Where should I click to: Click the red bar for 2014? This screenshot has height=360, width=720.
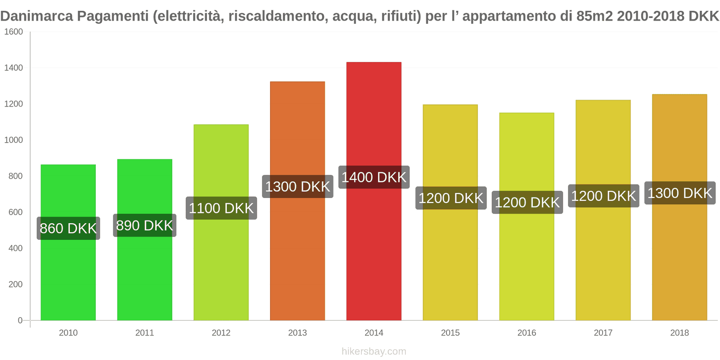click(373, 252)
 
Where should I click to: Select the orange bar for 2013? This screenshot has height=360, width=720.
click(297, 261)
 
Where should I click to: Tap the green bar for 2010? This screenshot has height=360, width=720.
click(68, 279)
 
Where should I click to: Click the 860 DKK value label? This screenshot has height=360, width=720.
click(68, 228)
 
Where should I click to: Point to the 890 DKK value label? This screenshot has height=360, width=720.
click(144, 225)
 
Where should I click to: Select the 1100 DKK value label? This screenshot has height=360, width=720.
click(221, 208)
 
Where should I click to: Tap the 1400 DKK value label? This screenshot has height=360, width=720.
click(373, 177)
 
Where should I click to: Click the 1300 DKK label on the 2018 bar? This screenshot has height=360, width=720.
click(679, 193)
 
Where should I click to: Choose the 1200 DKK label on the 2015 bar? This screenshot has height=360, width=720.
click(450, 198)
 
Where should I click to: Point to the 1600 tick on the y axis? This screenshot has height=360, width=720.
click(13, 32)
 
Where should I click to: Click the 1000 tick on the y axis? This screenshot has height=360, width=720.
click(13, 140)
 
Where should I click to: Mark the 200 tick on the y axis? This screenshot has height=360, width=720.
click(15, 284)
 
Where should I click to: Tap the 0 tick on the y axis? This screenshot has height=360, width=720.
click(20, 320)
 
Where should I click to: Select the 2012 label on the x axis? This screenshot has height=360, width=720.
click(221, 333)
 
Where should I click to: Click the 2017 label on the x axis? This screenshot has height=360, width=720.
click(603, 333)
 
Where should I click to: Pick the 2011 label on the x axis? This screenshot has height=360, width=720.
click(144, 333)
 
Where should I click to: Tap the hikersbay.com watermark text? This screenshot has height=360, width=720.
click(373, 351)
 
